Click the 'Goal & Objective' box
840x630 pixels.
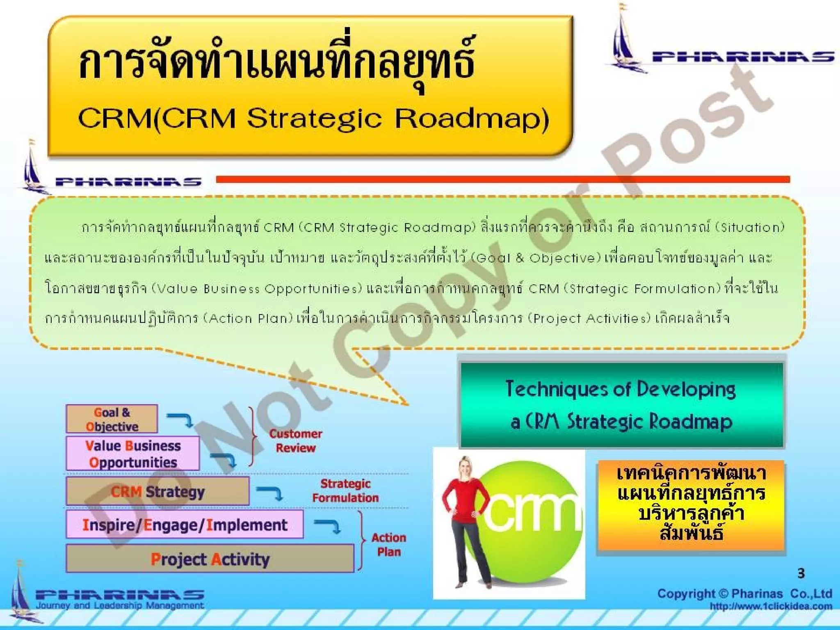point(112,419)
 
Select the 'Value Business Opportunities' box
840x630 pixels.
point(132,453)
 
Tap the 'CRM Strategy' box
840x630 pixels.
point(157,491)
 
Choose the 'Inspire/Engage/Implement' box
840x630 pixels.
point(185,525)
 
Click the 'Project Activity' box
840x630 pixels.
point(210,559)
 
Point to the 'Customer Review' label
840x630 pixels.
point(295,441)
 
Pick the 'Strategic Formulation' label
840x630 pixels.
point(345,491)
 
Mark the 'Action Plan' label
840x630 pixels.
point(388,544)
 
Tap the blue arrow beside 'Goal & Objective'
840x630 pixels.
point(180,419)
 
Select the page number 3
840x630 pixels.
point(801,573)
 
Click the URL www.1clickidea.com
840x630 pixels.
point(771,606)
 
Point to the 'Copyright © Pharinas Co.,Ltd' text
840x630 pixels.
point(744,593)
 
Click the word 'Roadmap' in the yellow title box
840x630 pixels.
point(472,119)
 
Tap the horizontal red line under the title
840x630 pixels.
point(502,179)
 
